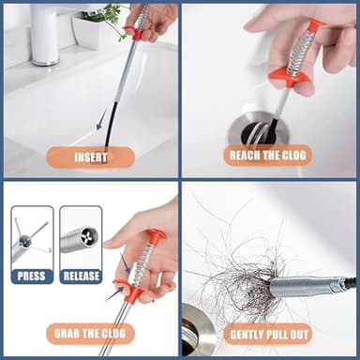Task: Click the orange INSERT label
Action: [90, 157]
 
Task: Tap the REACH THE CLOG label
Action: [267, 155]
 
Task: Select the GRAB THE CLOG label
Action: [90, 333]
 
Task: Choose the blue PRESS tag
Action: [31, 276]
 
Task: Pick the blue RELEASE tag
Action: [80, 276]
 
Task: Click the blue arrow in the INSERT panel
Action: [102, 118]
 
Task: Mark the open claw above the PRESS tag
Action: [30, 239]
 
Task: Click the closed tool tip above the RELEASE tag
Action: [79, 240]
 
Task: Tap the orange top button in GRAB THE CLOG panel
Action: [156, 235]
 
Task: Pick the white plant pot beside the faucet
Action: [90, 32]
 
